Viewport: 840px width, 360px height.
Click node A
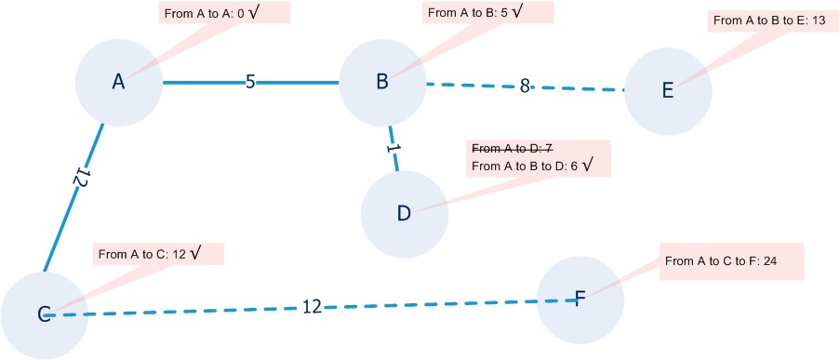[118, 82]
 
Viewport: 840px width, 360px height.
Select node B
[381, 82]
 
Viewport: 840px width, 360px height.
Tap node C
[44, 314]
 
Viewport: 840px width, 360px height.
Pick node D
[404, 214]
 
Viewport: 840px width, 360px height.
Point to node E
[667, 90]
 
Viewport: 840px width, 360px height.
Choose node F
[580, 298]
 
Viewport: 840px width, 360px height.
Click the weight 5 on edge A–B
[250, 82]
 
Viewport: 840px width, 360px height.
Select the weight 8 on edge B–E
[525, 87]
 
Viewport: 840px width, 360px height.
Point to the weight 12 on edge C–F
[312, 306]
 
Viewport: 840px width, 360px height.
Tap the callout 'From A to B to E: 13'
[768, 20]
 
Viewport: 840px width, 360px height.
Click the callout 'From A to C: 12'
[160, 253]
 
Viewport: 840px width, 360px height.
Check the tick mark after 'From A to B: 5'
[543, 12]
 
